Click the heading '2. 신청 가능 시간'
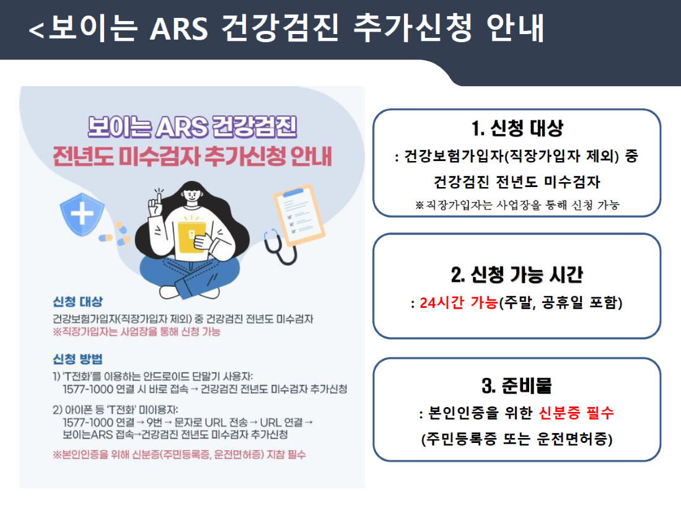tap(517, 274)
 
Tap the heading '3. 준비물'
tap(517, 386)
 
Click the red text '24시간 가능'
tap(459, 303)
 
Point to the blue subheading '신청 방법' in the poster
tap(78, 359)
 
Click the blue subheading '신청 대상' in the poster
tap(78, 302)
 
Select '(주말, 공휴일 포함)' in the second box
tap(561, 303)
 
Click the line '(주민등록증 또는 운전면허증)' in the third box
tap(517, 439)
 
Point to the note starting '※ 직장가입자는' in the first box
tap(517, 205)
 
